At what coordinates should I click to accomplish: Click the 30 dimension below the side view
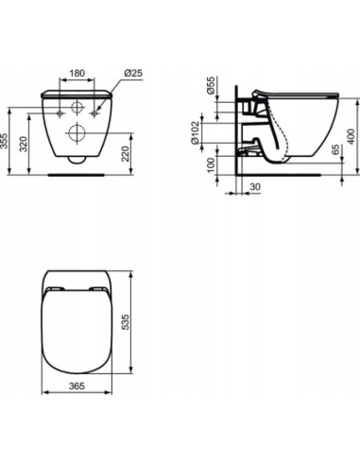255,186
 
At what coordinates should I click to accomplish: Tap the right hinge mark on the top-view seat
97,289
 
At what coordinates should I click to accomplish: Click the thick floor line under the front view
76,175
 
